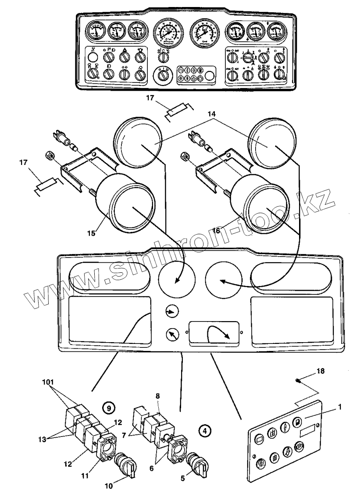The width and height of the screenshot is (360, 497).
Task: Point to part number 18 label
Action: click(x=321, y=371)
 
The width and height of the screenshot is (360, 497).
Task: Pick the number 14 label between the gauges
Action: click(x=212, y=113)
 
